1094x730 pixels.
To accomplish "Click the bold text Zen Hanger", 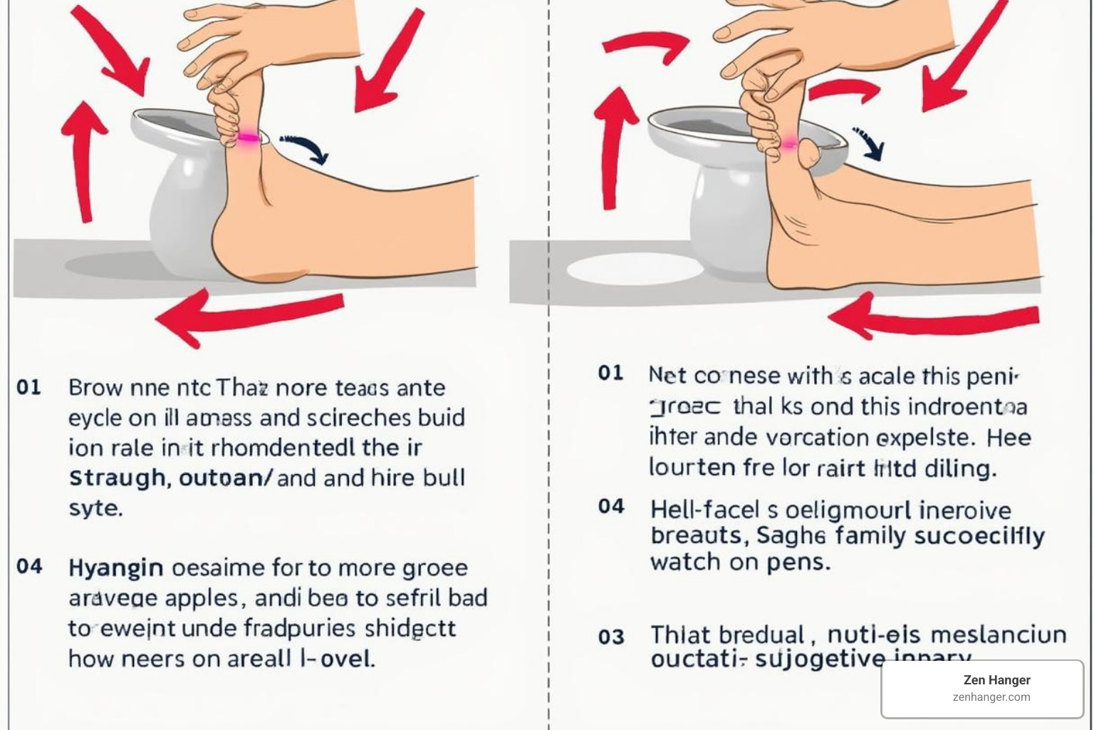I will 996,680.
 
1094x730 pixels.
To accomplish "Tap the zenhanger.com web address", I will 991,697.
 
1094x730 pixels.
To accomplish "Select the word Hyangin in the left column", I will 115,568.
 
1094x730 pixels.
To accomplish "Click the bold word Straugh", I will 118,478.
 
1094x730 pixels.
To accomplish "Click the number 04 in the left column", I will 29,567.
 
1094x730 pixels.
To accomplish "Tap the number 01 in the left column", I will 28,388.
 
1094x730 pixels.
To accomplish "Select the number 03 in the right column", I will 611,637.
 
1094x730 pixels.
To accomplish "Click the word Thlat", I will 680,635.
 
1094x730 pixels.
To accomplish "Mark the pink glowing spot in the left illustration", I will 248,138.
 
